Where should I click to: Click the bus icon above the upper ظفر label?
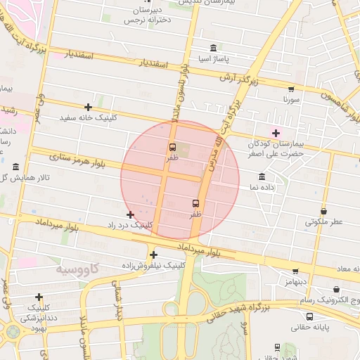coord(172,148)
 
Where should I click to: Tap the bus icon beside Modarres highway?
coord(195,203)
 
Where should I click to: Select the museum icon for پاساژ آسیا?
coord(213,48)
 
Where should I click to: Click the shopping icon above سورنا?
coord(290,89)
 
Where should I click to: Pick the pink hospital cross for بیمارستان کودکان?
coord(276,132)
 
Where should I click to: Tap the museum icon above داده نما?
coord(262,176)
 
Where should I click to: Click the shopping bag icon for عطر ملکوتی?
coord(323,211)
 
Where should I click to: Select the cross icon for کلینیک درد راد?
coord(130,214)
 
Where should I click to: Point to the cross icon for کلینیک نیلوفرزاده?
coord(153,255)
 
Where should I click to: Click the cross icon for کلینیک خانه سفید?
coord(89,107)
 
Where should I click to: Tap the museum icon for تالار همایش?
coord(15,167)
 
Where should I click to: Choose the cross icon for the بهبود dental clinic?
coord(39,297)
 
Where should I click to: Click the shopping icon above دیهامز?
coord(295,271)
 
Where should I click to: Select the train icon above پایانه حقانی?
coord(278,347)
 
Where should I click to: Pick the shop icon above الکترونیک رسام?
coord(336,289)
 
